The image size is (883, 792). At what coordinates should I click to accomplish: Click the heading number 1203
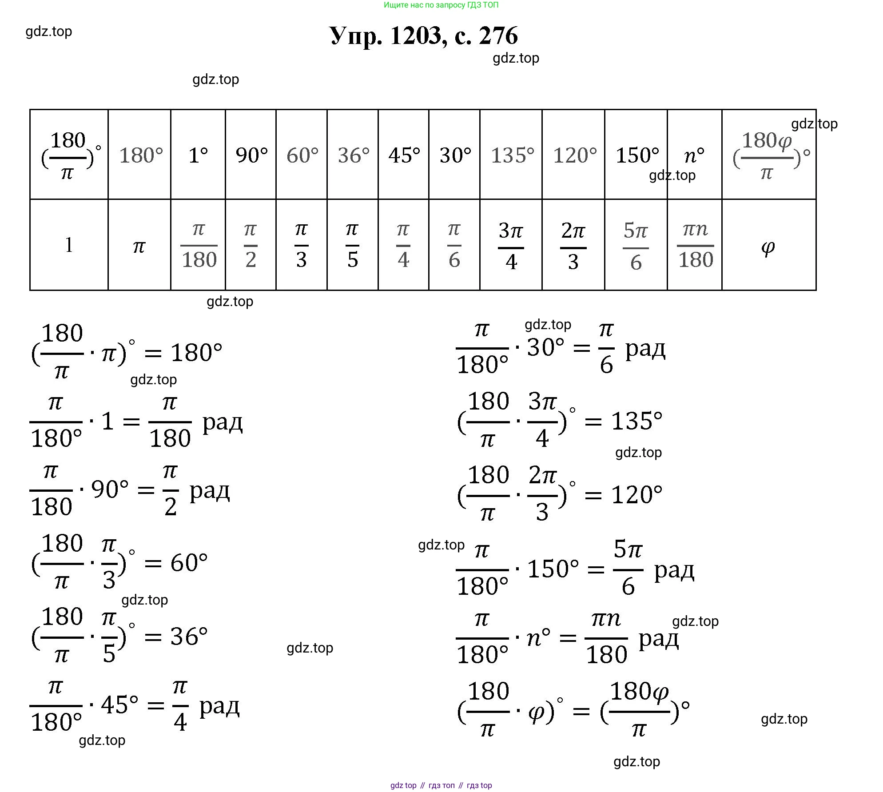pos(416,36)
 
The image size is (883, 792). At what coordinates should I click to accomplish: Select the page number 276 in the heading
pos(498,36)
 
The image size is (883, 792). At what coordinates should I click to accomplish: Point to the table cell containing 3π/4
pos(511,246)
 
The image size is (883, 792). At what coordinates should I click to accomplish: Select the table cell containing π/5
pos(352,246)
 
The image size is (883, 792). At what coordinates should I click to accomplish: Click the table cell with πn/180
pos(695,246)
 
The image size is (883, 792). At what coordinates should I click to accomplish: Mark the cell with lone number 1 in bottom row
pos(69,246)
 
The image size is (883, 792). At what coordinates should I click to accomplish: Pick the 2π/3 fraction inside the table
pos(573,246)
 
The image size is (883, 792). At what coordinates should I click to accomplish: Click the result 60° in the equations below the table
pos(189,563)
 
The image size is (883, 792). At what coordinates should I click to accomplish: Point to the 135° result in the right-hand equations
pos(636,421)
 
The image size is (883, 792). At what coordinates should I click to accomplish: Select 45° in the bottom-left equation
pos(119,704)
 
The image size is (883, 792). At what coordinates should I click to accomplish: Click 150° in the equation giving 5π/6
pos(553,569)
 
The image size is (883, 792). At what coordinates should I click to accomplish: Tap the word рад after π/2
pos(210,491)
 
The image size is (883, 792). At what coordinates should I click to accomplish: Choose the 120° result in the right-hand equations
pos(636,495)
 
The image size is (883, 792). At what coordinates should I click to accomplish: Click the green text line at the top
pos(441,5)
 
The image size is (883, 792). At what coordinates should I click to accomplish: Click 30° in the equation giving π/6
pos(545,347)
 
